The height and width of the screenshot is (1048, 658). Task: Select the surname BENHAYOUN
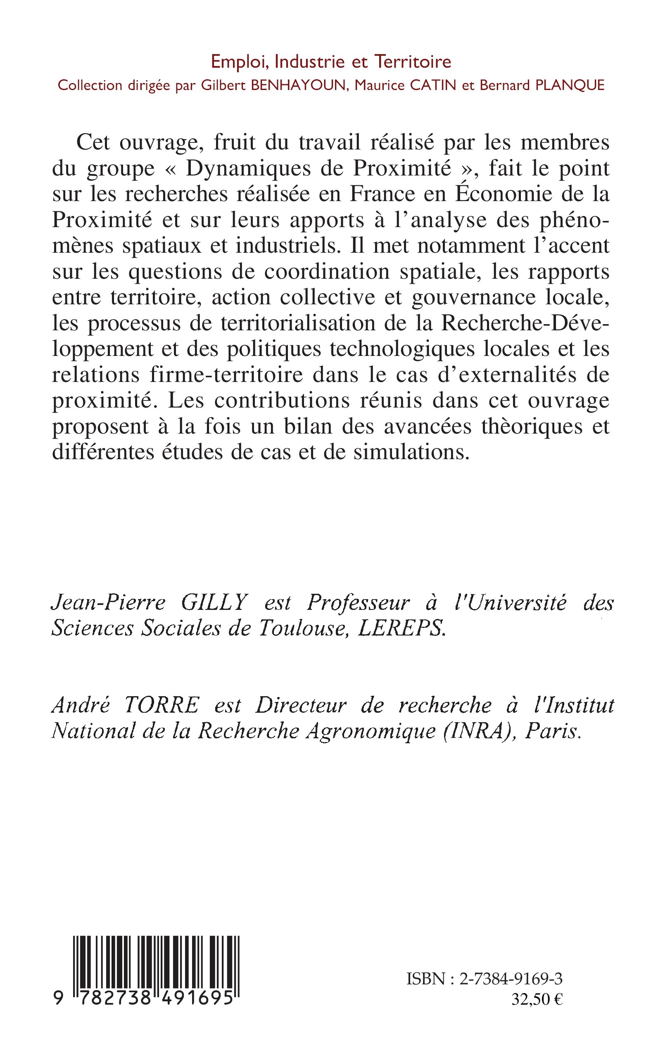pos(299,85)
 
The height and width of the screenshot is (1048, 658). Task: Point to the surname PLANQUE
pos(570,85)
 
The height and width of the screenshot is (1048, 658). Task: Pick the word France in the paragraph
pos(382,194)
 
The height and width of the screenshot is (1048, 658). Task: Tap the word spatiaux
pos(162,246)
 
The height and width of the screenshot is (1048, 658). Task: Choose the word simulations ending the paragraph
pos(411,453)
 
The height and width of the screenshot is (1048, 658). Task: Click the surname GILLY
pos(214,603)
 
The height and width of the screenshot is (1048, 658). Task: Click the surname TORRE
pos(162,705)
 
